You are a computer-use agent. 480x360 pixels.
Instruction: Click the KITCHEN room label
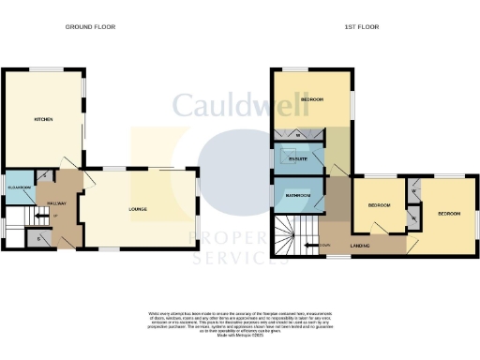coord(42,120)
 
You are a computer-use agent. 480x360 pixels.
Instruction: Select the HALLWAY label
coord(56,201)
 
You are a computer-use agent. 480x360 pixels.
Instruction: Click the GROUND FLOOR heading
coord(89,27)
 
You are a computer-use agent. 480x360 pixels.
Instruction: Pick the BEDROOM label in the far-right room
coord(449,213)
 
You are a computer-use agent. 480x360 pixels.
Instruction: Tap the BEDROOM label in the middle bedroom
coord(379,204)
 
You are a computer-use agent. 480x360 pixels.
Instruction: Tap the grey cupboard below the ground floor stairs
coord(39,238)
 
